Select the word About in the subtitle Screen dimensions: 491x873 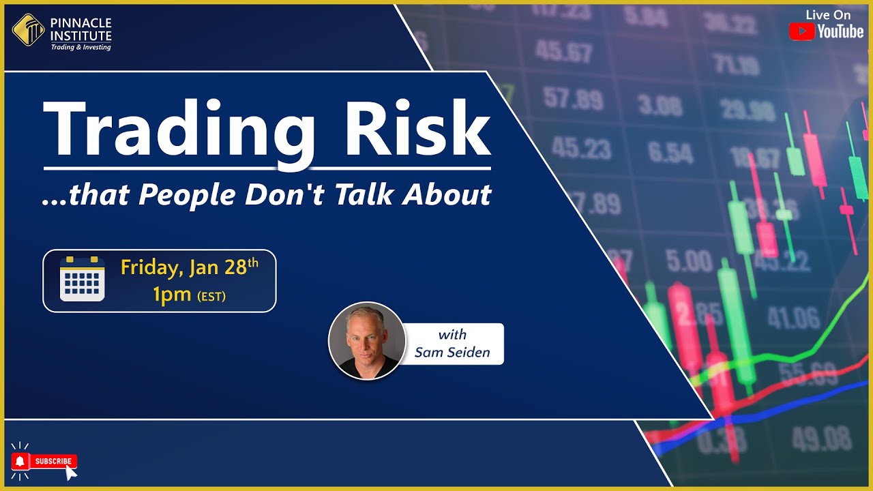[447, 196]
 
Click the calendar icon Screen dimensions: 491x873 [82, 279]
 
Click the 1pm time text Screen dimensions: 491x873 [173, 295]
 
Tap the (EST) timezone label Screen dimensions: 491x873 [211, 297]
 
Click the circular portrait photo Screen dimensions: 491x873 [367, 340]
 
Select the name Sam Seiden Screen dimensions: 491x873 [452, 353]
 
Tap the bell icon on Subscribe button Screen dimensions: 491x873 [20, 462]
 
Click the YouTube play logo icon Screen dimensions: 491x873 [801, 31]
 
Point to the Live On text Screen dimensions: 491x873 [828, 14]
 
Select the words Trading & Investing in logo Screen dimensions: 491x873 [80, 47]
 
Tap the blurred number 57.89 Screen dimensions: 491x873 [572, 99]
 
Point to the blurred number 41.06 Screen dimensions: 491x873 [794, 317]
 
